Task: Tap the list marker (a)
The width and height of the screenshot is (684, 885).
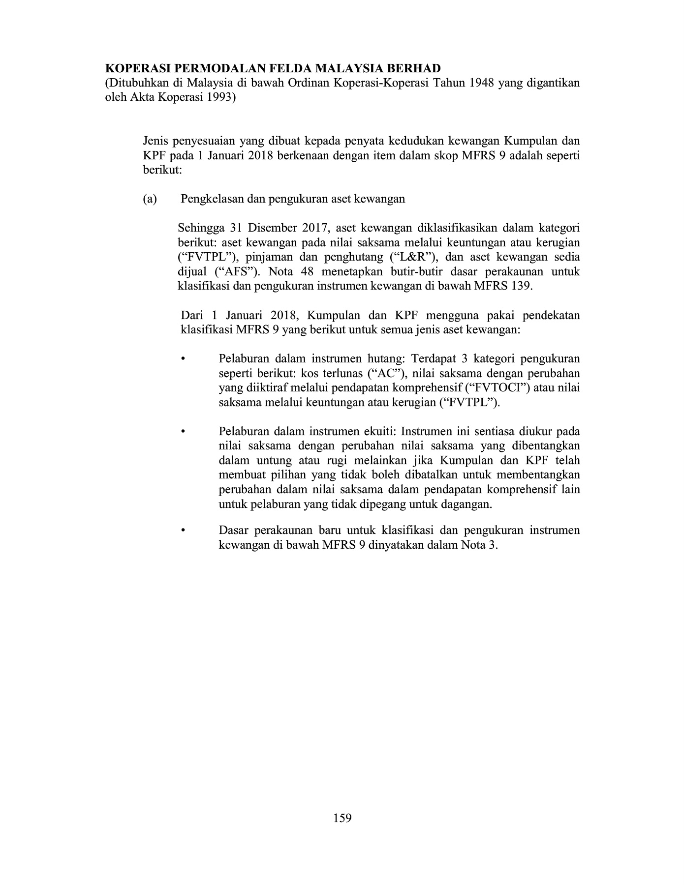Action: click(150, 199)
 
